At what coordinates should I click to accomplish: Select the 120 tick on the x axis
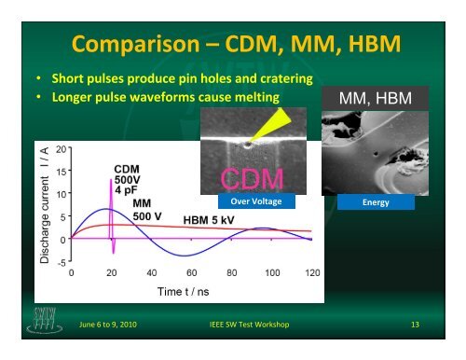(311, 273)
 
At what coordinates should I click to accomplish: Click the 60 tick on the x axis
(191, 273)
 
